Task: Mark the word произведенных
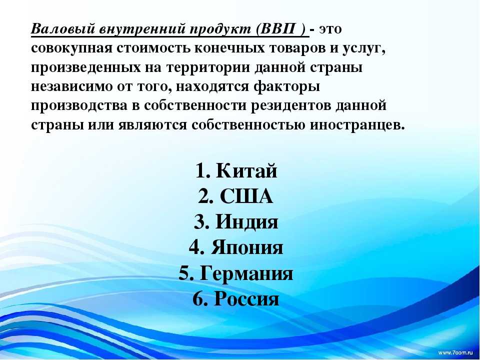(86, 68)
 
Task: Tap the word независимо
(70, 86)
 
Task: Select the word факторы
(287, 86)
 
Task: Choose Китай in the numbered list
(246, 170)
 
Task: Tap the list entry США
(246, 196)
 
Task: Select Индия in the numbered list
(246, 221)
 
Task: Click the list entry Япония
(246, 247)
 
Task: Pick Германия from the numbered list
(246, 273)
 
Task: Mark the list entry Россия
(246, 299)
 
